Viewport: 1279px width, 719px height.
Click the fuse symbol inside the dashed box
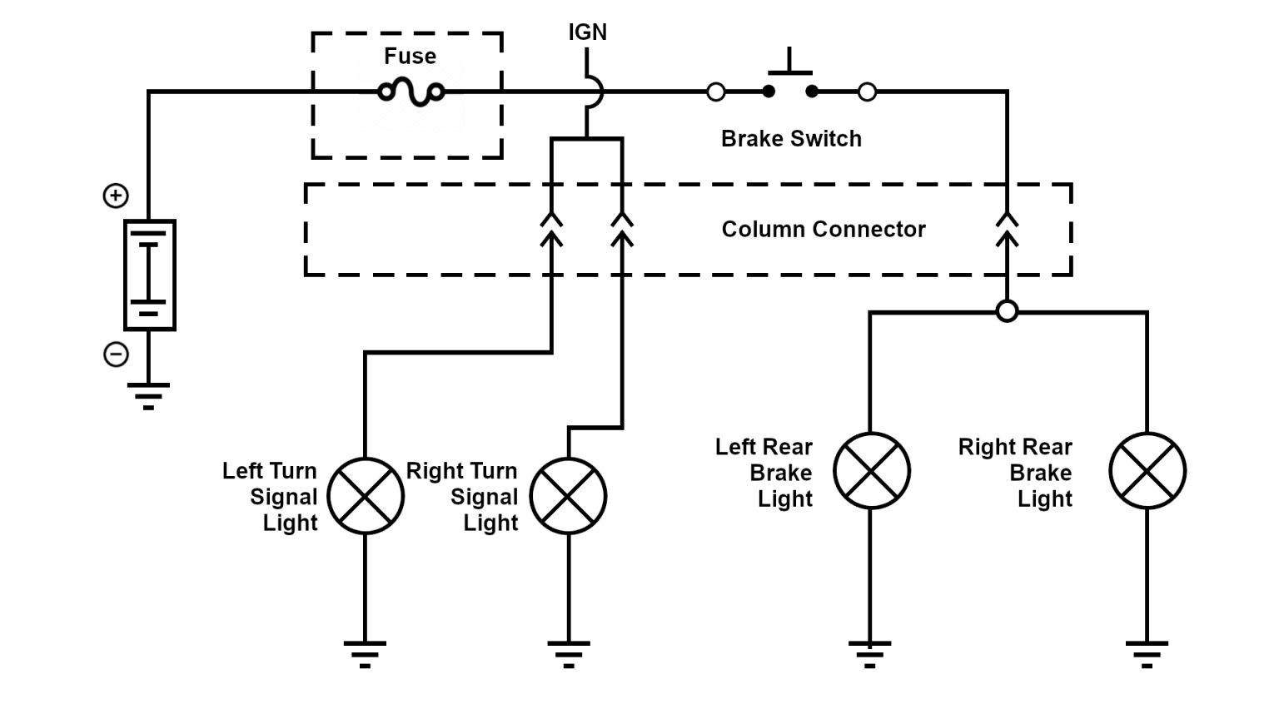411,92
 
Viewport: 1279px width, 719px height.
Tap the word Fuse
410,57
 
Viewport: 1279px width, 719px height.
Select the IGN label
587,32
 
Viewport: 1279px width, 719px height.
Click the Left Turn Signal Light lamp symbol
366,496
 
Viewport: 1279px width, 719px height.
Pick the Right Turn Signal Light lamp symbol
569,496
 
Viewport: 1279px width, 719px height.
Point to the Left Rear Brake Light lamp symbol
871,471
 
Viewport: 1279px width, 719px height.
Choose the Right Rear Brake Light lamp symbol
1147,471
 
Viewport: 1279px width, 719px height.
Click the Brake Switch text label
791,139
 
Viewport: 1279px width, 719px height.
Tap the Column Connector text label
823,230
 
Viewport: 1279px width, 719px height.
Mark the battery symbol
149,275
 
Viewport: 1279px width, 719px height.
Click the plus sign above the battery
116,196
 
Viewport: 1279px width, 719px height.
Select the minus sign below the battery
116,355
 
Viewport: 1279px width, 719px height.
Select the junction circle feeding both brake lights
1007,312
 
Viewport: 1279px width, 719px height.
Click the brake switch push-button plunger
789,65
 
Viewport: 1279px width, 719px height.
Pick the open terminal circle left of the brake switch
716,92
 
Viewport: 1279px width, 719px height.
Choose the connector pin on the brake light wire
1008,230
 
